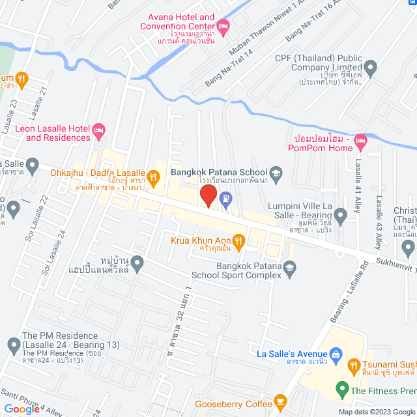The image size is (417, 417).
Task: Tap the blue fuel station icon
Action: point(225,199)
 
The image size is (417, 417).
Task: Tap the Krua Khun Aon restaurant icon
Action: point(238,242)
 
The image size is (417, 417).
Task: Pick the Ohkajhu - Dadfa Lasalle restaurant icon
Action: point(154,175)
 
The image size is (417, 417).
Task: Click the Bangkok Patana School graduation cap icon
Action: point(276,173)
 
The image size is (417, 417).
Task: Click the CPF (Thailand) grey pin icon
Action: point(371,67)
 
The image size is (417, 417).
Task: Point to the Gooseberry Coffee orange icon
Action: point(281,401)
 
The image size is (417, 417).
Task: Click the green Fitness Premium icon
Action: point(341,391)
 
